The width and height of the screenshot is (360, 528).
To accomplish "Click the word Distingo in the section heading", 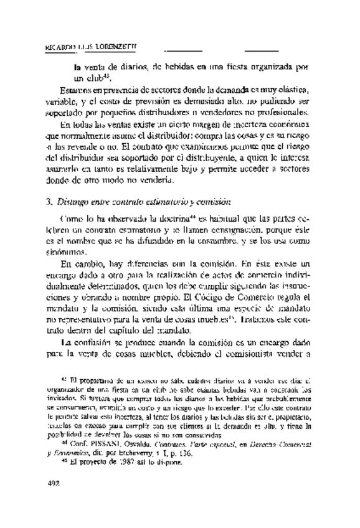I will point(73,202).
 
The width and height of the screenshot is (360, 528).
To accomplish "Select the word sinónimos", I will point(69,248).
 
